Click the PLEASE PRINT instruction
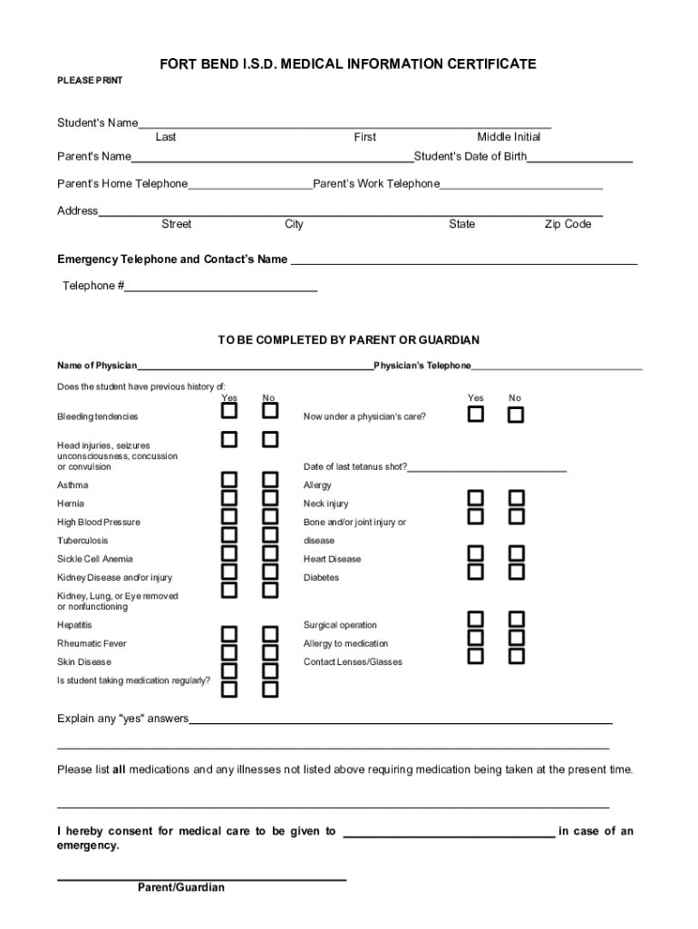90,81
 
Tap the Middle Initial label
509,137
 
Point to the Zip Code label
567,224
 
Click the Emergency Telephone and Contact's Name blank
462,260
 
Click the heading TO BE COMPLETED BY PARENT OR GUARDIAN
348,340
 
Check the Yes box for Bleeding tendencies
230,411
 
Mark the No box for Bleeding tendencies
270,411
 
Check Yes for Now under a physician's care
476,415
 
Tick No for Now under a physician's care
516,416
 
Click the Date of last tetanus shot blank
487,467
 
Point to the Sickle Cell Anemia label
94,559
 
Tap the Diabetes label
321,577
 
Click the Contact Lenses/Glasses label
353,661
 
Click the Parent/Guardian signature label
181,887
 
